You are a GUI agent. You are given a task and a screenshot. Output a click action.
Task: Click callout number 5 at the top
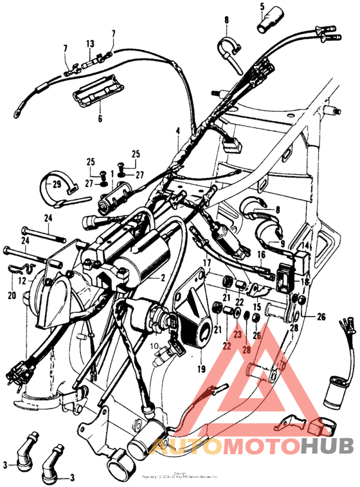coord(262,7)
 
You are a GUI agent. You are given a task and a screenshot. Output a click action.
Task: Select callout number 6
coord(100,118)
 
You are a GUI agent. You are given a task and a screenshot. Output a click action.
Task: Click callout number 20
coord(11,297)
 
